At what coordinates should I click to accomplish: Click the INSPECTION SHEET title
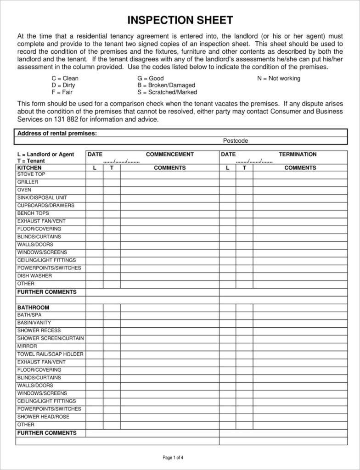(180, 20)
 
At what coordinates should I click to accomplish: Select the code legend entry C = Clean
(65, 78)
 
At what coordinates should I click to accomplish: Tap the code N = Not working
(278, 78)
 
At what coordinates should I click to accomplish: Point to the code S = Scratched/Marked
(167, 92)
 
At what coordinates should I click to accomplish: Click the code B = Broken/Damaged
(166, 85)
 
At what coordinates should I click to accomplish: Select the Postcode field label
(235, 141)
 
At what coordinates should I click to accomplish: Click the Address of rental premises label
(57, 134)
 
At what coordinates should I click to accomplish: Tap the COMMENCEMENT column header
(169, 154)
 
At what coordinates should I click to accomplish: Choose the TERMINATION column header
(298, 154)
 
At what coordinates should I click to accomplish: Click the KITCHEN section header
(29, 168)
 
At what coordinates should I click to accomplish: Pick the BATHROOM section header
(33, 308)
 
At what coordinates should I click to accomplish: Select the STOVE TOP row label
(31, 174)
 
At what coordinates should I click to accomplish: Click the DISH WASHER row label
(34, 276)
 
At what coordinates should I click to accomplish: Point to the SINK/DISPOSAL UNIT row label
(42, 198)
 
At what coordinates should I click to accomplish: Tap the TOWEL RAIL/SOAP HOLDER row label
(51, 354)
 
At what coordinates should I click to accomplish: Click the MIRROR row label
(27, 346)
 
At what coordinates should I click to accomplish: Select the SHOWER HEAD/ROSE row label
(43, 417)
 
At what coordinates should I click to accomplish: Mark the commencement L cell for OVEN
(94, 190)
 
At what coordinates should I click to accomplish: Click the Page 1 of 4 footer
(173, 458)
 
